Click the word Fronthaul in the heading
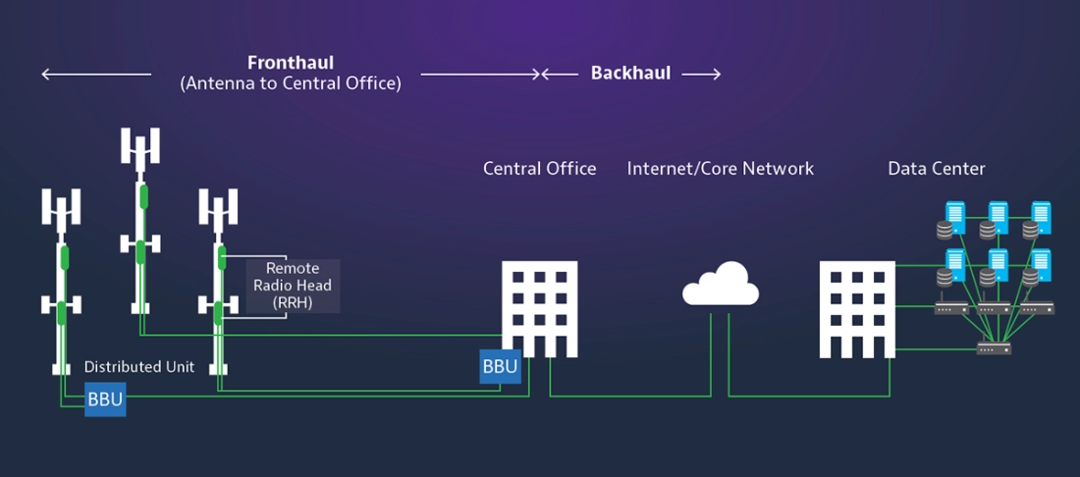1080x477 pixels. click(x=291, y=63)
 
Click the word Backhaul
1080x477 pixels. click(x=631, y=74)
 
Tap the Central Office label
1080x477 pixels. click(x=540, y=169)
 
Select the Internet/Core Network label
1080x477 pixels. click(x=721, y=169)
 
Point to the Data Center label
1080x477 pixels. click(x=937, y=169)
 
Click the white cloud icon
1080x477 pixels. click(x=721, y=284)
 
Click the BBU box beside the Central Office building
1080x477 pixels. click(x=500, y=366)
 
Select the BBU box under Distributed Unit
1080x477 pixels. click(x=105, y=399)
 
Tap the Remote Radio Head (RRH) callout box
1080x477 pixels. click(x=294, y=286)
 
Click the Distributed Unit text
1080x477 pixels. click(x=139, y=367)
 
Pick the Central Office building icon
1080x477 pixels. click(x=539, y=309)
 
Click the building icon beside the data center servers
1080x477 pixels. click(x=857, y=309)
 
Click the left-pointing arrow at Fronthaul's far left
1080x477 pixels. click(x=96, y=74)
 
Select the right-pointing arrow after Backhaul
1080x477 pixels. click(x=701, y=74)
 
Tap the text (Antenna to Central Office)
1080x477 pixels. click(x=290, y=84)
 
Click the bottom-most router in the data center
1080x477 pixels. click(x=994, y=347)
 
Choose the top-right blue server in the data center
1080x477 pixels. click(x=1041, y=218)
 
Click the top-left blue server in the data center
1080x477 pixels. click(x=955, y=218)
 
